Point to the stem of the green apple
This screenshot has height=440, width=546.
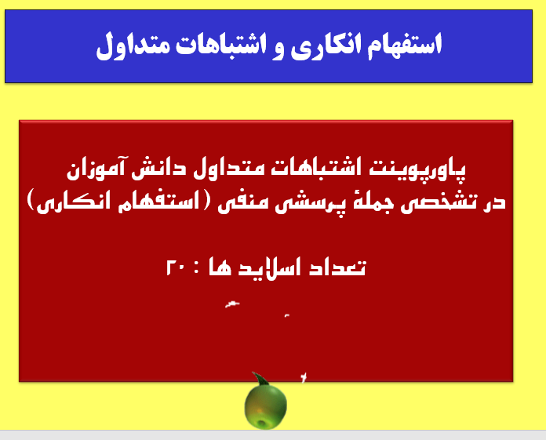click(x=255, y=377)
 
